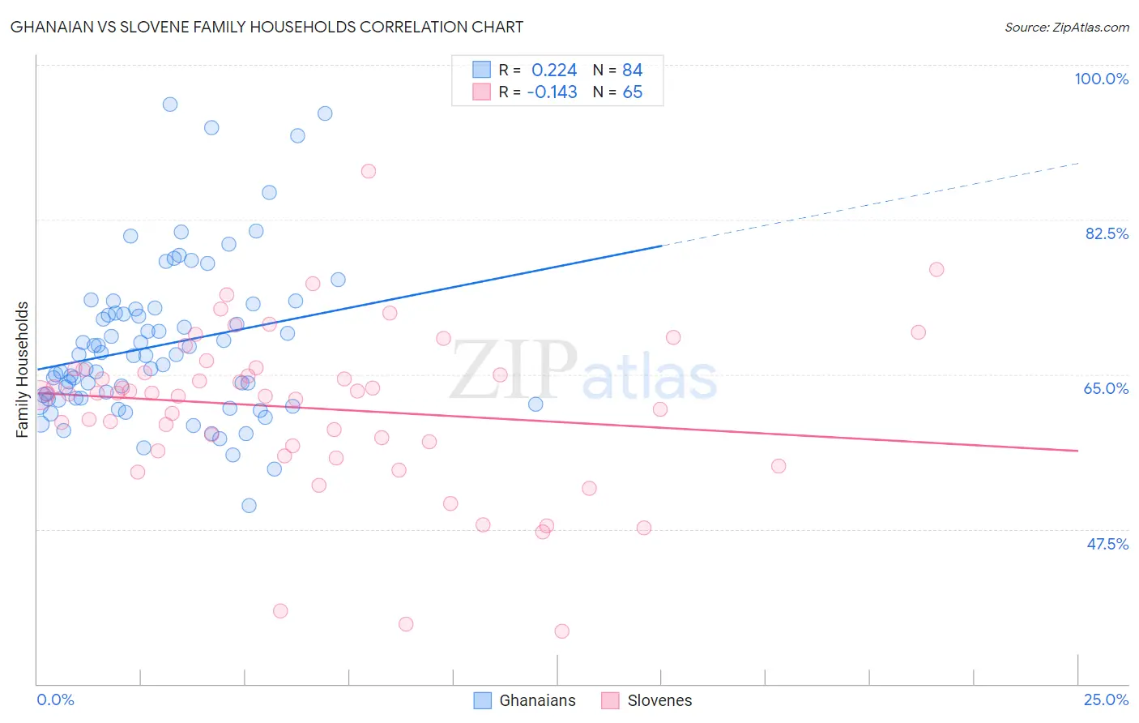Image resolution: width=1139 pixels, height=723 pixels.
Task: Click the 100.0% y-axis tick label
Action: point(1101,79)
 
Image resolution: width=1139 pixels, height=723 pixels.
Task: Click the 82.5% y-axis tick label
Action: point(1107,233)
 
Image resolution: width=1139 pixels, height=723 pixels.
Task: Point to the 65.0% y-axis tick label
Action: point(1106,388)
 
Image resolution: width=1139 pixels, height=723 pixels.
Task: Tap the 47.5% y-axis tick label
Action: point(1107,544)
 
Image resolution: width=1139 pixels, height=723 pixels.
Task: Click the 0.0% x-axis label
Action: point(55,699)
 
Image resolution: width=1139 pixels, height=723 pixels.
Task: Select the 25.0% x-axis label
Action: point(1106,699)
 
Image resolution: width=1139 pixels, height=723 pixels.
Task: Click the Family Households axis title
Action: point(23,370)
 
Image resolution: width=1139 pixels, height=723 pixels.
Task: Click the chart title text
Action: point(267,27)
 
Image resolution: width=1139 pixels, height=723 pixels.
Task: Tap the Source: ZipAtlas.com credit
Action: point(1066,27)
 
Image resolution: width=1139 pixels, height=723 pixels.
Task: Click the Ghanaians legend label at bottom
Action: point(537,700)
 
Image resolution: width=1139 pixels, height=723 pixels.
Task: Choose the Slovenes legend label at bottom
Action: point(659,700)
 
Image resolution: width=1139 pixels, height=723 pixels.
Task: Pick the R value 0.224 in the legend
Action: point(554,70)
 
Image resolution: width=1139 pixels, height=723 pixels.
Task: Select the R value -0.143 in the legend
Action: point(552,92)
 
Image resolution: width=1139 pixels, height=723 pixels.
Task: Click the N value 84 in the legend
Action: point(632,70)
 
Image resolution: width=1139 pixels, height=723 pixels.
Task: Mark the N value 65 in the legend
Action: point(632,92)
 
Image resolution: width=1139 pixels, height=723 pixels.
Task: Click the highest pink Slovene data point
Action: point(369,171)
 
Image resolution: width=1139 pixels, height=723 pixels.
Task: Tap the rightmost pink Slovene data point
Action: point(936,269)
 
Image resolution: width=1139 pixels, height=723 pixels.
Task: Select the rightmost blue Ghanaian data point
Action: point(535,404)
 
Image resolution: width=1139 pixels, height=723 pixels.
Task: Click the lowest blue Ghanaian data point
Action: point(250,505)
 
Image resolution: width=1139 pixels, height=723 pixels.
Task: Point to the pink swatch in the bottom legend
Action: point(610,700)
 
